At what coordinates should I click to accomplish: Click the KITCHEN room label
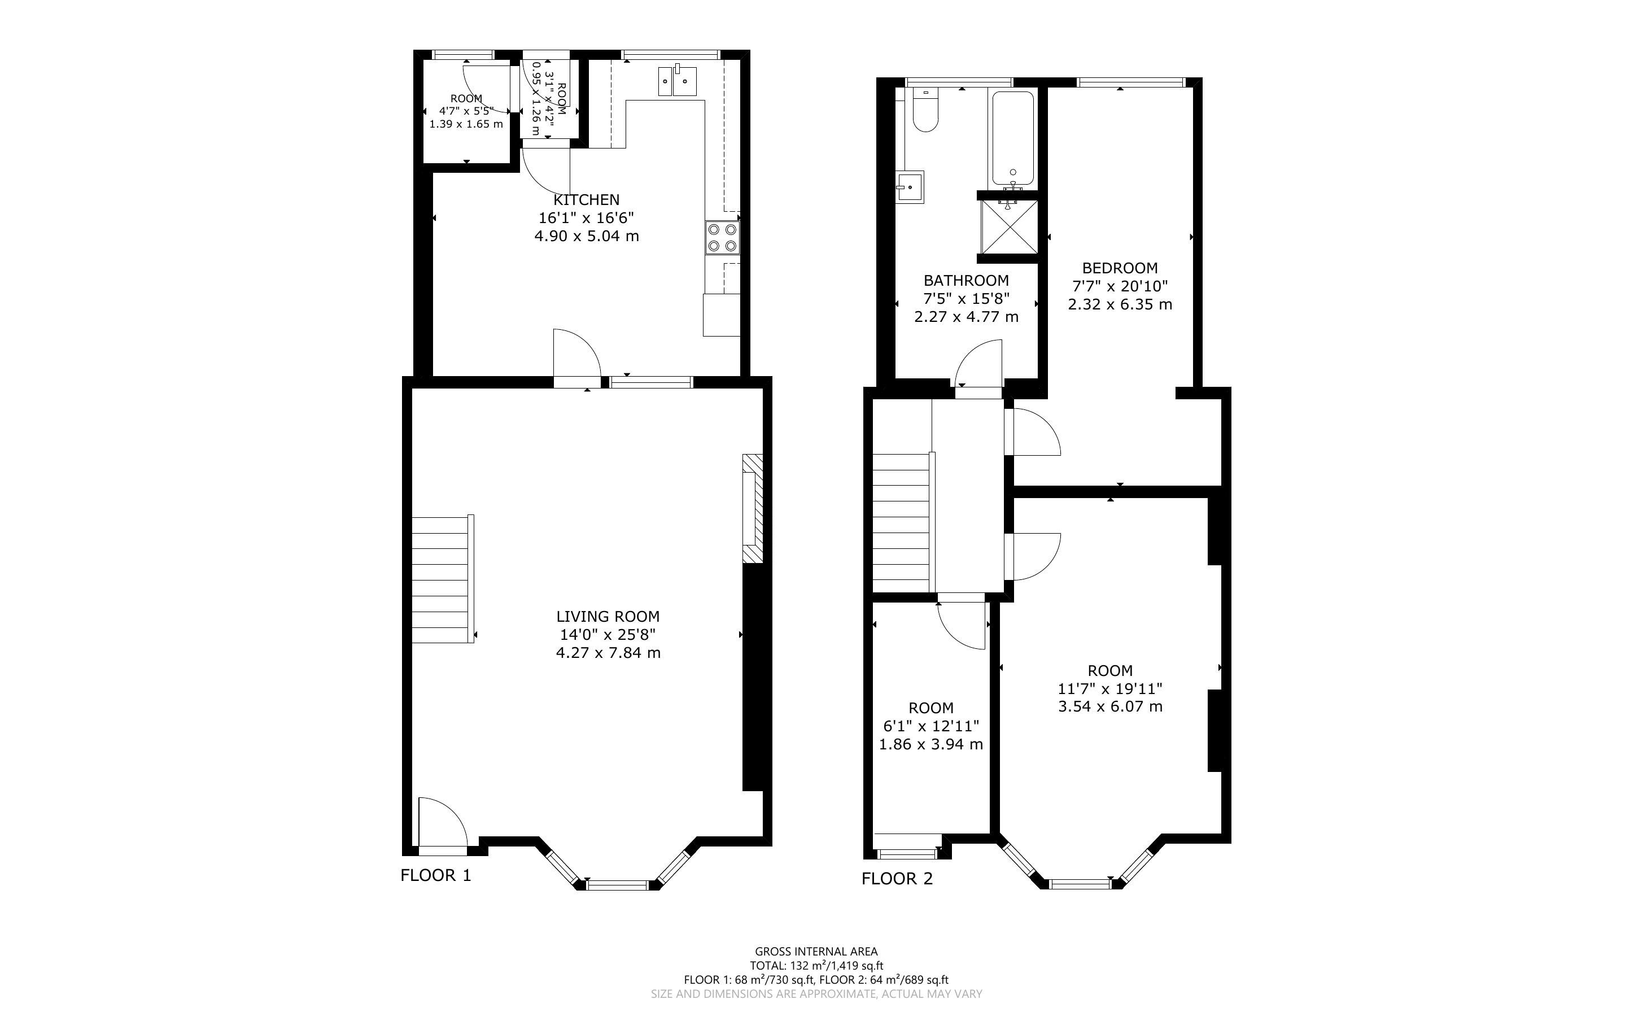(x=586, y=200)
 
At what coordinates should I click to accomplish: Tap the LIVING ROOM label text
(x=608, y=617)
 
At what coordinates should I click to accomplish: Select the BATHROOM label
(x=966, y=280)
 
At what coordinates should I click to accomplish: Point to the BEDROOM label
(x=1120, y=268)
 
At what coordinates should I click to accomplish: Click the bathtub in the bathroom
(x=1012, y=138)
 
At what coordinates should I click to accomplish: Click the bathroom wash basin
(x=910, y=187)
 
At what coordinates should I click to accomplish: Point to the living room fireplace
(x=752, y=508)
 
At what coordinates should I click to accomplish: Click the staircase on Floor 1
(x=443, y=579)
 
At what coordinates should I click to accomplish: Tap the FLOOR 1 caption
(x=436, y=876)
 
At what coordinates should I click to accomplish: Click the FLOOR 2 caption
(x=897, y=879)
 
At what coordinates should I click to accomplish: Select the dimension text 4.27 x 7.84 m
(x=608, y=653)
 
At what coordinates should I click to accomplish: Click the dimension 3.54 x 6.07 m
(x=1110, y=707)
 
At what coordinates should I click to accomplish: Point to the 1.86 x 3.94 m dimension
(x=930, y=745)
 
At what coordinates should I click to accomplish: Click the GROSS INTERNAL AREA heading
(x=816, y=952)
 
